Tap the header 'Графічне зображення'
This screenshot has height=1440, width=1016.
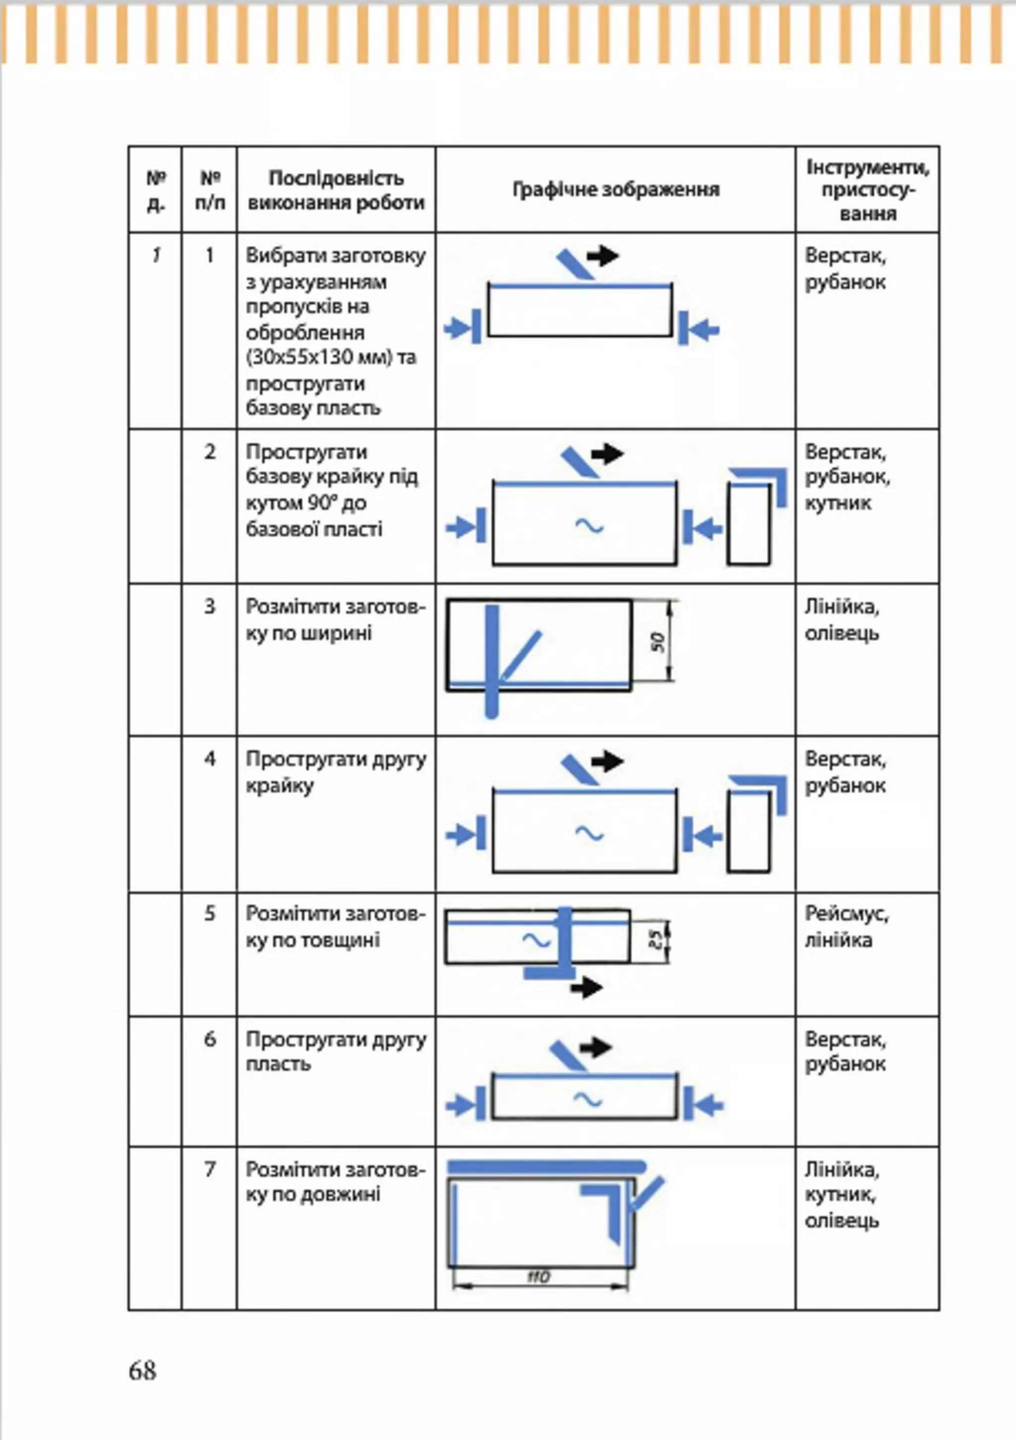pos(616,189)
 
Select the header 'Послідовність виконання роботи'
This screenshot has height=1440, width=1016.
pos(336,190)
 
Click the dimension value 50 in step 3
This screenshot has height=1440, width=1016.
pos(657,641)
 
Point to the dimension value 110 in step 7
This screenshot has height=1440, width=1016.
pos(538,1276)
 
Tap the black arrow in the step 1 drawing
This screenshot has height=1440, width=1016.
pos(603,255)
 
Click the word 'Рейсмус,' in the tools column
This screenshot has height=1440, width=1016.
pos(846,914)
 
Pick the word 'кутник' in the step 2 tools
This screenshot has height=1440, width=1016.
pos(838,503)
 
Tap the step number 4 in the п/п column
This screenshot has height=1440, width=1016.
pos(209,759)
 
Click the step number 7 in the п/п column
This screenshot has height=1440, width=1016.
pos(209,1169)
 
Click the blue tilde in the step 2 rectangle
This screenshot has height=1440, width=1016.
pos(589,526)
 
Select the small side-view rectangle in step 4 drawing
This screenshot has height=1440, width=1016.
pos(749,832)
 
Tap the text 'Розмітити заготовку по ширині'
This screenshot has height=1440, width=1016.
pos(335,620)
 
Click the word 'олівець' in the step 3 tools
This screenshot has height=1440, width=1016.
pos(842,633)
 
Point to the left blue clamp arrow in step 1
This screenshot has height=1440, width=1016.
pos(462,327)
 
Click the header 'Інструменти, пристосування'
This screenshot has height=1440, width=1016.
pos(867,190)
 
